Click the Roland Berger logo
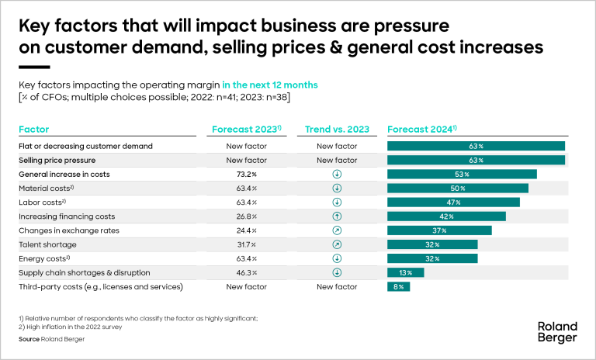click(557, 331)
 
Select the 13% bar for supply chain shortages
click(405, 272)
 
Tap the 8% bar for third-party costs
click(398, 287)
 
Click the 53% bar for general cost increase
click(462, 175)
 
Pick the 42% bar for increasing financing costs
click(446, 216)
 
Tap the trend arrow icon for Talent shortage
click(337, 244)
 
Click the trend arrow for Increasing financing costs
click(337, 216)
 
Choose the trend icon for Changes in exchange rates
click(337, 230)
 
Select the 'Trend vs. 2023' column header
click(337, 130)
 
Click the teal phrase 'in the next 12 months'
click(270, 84)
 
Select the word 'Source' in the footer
click(29, 339)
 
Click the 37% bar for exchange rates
click(439, 230)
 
